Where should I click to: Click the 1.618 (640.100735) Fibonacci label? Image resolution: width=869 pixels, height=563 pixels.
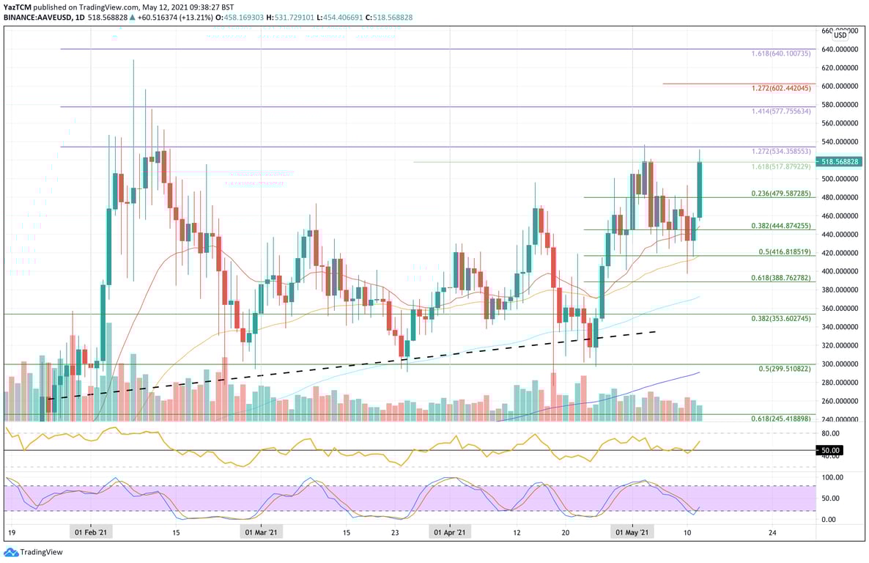780,54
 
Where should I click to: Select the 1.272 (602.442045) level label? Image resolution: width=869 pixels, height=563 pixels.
781,88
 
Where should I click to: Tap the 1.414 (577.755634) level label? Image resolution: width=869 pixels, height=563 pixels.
780,111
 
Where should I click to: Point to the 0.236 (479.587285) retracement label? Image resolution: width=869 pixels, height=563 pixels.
780,194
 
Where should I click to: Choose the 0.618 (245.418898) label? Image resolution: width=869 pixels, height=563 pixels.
780,419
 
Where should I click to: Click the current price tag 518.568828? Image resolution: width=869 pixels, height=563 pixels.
840,161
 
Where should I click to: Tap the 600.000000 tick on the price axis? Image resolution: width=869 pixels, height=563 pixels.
840,86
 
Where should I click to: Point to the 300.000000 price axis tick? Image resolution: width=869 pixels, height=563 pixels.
840,364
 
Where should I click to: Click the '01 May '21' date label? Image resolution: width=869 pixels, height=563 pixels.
634,532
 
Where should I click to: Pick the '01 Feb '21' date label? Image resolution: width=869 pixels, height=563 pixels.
92,532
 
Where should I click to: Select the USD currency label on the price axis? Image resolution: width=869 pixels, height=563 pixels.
840,35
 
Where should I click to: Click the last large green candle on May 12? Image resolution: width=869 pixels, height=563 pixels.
700,190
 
